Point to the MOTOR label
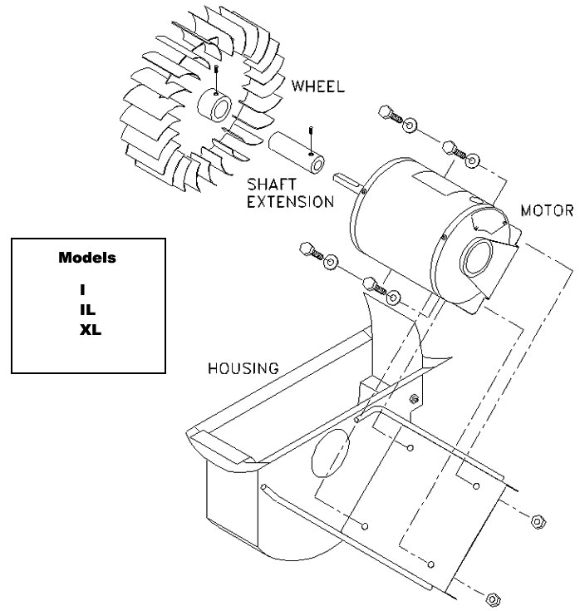548,210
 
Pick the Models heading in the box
87,258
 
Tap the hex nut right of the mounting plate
537,521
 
